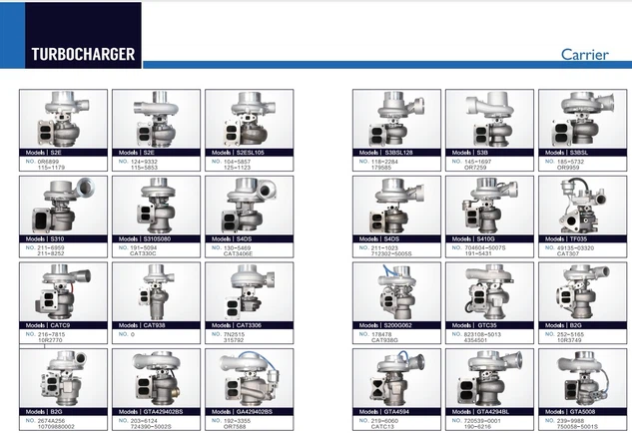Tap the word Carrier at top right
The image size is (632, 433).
(584, 54)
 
